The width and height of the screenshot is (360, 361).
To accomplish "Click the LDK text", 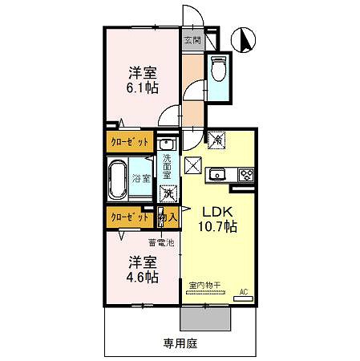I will click(x=216, y=212).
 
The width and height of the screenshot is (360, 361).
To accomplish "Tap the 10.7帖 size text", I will click(x=218, y=227).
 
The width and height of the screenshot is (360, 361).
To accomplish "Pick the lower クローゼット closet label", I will click(x=128, y=217).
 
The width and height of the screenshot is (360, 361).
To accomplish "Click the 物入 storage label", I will click(x=168, y=217).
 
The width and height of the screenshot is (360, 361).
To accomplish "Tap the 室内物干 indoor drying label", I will click(x=205, y=284).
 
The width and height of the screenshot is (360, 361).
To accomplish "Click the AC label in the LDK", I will click(x=245, y=292).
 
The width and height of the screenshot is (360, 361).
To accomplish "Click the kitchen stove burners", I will click(x=247, y=173).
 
